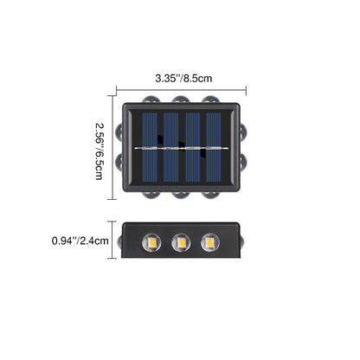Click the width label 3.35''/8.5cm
[183, 79]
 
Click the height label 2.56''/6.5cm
[100, 151]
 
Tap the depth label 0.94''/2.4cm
[80, 241]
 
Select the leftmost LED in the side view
[151, 242]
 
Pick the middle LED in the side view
[181, 242]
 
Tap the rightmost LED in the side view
[210, 242]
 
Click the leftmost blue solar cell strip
[150, 147]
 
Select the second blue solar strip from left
[171, 147]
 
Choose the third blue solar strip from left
[192, 147]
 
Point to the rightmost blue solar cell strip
[214, 147]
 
